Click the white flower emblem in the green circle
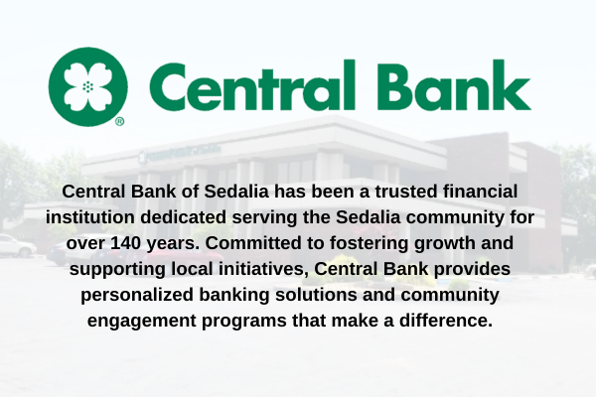pyautogui.click(x=88, y=87)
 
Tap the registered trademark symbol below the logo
pyautogui.click(x=119, y=121)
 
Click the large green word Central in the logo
pyautogui.click(x=252, y=85)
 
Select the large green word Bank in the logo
pyautogui.click(x=454, y=85)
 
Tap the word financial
pyautogui.click(x=481, y=192)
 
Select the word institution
pyautogui.click(x=90, y=217)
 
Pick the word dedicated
pyautogui.click(x=184, y=217)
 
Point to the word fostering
pyautogui.click(x=369, y=244)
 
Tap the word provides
pyautogui.click(x=472, y=270)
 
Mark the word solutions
pyautogui.click(x=316, y=295)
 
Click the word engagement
pyautogui.click(x=141, y=322)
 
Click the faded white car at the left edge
pyautogui.click(x=17, y=245)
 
